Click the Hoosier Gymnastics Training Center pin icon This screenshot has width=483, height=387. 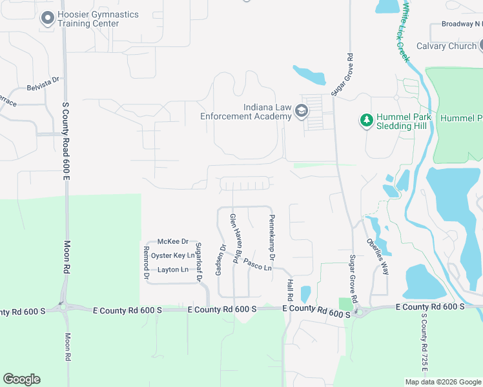click(47, 19)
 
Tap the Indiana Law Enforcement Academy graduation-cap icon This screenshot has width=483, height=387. click(301, 112)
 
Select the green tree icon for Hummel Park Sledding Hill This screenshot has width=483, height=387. click(367, 121)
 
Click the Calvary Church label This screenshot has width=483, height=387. click(446, 46)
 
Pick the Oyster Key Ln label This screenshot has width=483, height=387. click(172, 255)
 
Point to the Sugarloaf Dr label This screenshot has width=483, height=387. click(199, 262)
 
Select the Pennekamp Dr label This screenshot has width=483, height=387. click(272, 237)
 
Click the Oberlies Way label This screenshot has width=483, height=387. click(378, 257)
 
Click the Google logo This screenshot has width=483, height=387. click(21, 379)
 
